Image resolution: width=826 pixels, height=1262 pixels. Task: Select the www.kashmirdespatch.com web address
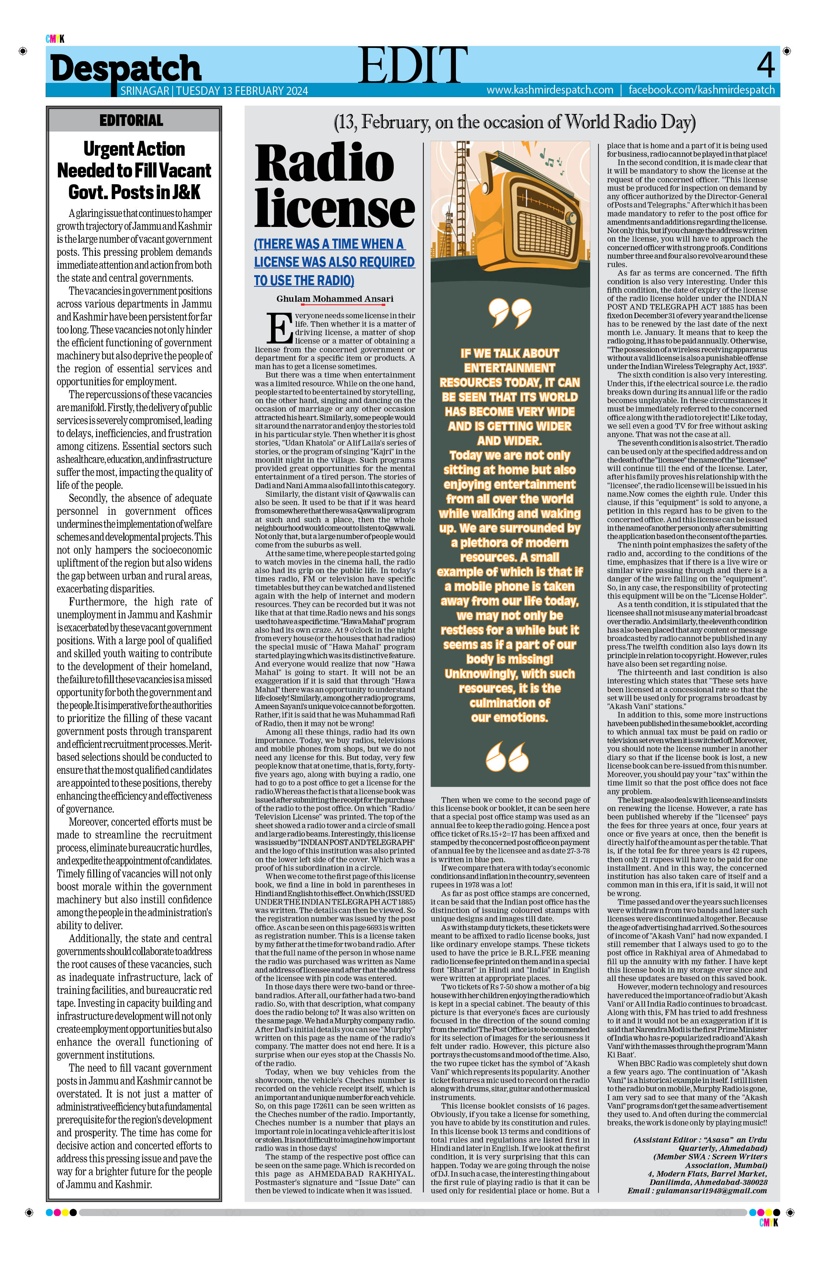[x=550, y=90]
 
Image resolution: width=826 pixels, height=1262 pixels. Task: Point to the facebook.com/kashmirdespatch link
[x=701, y=90]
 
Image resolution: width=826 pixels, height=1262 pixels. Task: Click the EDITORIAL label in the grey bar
[x=131, y=120]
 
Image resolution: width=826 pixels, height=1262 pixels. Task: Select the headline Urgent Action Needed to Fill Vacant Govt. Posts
[x=134, y=170]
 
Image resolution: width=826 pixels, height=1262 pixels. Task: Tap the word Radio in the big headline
[x=324, y=163]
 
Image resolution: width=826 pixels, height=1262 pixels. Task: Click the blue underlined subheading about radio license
[x=334, y=262]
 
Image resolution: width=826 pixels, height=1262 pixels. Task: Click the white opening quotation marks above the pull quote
[x=509, y=312]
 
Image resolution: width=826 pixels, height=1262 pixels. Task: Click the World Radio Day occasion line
[x=514, y=122]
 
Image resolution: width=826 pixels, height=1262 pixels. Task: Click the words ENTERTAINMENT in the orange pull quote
[x=509, y=368]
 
